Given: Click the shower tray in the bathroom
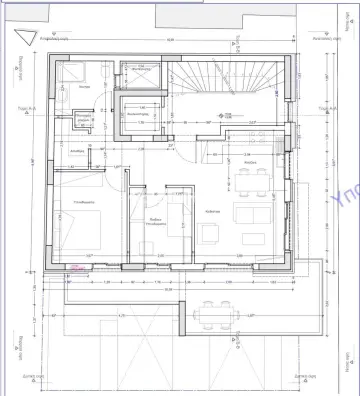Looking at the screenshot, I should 141,75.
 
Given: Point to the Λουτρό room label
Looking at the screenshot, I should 86,87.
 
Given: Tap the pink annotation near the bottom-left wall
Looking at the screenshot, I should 76,267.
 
